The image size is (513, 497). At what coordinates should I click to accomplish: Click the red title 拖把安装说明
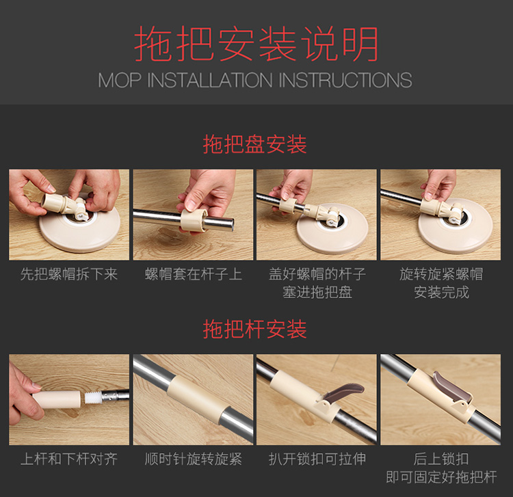tap(256, 44)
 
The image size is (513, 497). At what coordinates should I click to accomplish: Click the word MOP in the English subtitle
tap(120, 80)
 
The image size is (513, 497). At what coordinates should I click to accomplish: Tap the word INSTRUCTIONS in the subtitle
tap(345, 80)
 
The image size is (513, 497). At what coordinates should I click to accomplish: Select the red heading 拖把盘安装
tap(255, 144)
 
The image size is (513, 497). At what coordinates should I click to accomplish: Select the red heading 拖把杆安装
tap(255, 329)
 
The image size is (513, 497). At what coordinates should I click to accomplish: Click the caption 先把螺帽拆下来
tap(69, 274)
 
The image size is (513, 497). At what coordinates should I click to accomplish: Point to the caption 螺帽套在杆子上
tap(194, 274)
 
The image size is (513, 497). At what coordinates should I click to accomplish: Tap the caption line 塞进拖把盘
tap(317, 292)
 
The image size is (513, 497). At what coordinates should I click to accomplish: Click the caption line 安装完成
tap(441, 292)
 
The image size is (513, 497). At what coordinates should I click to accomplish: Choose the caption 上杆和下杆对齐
tap(69, 459)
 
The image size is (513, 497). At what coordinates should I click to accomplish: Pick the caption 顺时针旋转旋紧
tap(194, 459)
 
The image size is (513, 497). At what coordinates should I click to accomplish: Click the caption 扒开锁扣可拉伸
tap(317, 459)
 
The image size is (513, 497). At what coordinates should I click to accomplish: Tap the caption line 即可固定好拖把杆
tap(441, 476)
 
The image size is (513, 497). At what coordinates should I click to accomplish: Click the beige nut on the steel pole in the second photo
tap(194, 219)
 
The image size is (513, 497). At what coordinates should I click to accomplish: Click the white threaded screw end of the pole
tap(92, 398)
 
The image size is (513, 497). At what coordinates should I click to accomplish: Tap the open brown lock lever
tap(345, 393)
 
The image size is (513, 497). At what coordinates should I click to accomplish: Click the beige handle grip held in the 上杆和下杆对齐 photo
tap(57, 399)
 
